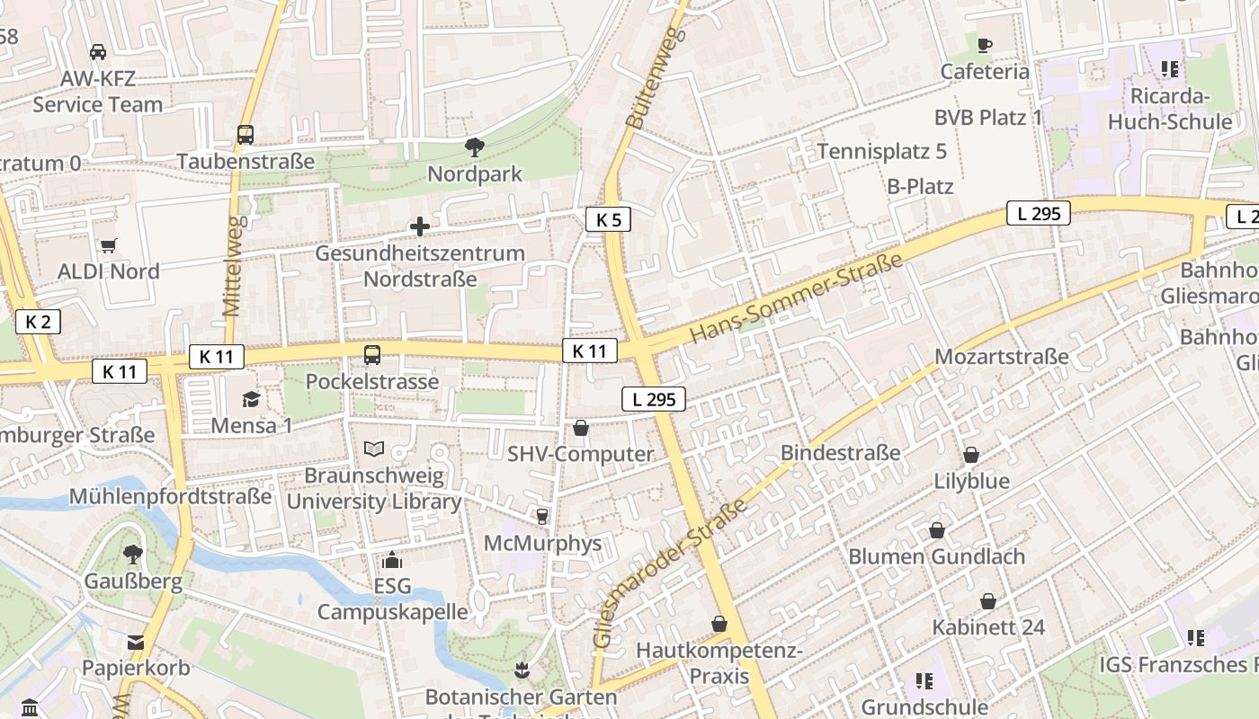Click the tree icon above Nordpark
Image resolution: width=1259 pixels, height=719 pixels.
click(474, 146)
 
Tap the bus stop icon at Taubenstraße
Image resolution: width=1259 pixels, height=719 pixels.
click(246, 135)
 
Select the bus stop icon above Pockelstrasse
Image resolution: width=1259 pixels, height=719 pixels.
click(372, 354)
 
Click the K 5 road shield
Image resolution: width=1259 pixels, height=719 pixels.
click(608, 219)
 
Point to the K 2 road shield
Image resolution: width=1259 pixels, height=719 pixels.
click(38, 322)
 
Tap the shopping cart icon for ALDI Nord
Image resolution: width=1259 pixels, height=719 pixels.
click(109, 245)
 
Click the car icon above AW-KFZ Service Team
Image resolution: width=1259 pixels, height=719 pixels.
click(98, 52)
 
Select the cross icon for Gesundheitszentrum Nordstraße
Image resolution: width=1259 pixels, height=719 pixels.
click(419, 226)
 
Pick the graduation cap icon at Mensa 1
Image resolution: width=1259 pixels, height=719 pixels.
click(251, 399)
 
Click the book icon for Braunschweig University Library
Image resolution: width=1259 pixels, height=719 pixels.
click(374, 448)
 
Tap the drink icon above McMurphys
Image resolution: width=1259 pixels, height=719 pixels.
click(541, 516)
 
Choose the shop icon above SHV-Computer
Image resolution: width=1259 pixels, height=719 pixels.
click(581, 428)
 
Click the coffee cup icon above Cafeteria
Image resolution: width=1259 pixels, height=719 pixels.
click(985, 45)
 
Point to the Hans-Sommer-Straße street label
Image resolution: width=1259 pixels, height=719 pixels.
click(796, 298)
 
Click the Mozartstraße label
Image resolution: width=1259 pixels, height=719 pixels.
click(1002, 357)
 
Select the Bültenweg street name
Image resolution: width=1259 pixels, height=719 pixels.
click(655, 76)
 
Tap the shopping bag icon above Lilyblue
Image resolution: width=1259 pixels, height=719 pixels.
click(971, 455)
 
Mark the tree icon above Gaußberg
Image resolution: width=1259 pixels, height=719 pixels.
click(133, 554)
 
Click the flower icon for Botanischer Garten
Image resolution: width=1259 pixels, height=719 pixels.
click(521, 670)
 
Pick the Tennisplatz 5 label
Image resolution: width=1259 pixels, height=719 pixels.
click(881, 151)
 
